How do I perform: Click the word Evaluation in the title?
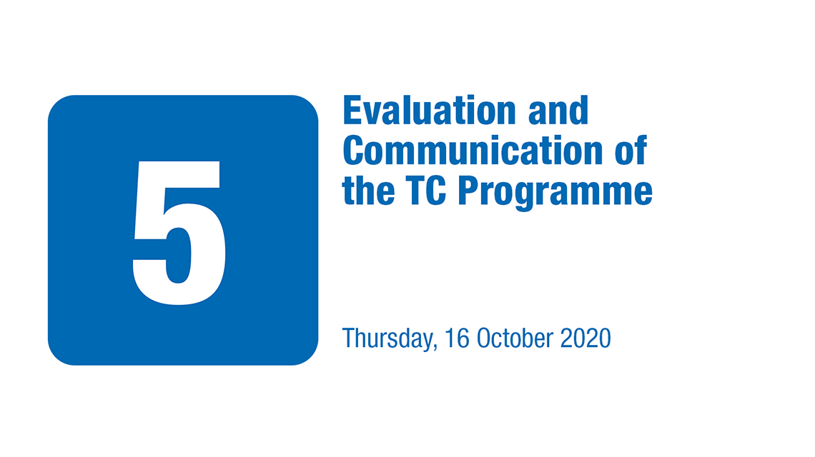[430, 110]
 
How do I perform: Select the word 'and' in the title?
[558, 110]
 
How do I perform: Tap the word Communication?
[473, 150]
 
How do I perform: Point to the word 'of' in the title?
[631, 150]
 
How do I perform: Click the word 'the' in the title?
[368, 190]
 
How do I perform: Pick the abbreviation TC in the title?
[425, 190]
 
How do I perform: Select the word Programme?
[555, 193]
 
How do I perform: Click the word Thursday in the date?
[387, 338]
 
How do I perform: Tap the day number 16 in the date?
[457, 338]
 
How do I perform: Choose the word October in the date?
[515, 338]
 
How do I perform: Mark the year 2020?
[586, 338]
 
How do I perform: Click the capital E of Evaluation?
[352, 110]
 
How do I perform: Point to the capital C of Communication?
[352, 150]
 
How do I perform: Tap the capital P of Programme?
[468, 191]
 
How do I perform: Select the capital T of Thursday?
[348, 338]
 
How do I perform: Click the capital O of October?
[485, 338]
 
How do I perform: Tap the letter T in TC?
[415, 191]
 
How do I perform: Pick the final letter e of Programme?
[643, 194]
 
